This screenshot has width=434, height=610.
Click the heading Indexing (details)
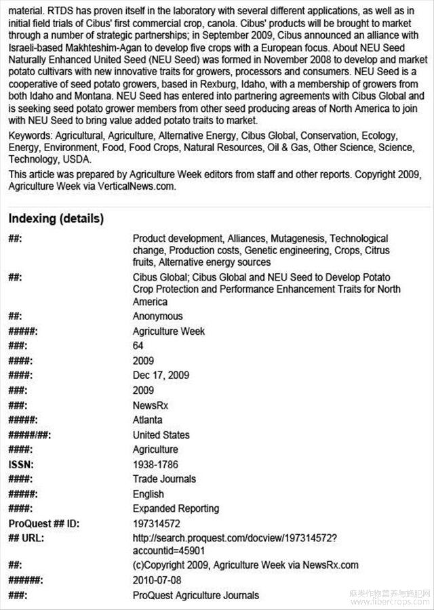pyautogui.click(x=56, y=219)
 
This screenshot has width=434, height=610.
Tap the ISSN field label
pyautogui.click(x=21, y=464)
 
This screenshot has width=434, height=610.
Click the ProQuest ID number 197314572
pyautogui.click(x=157, y=523)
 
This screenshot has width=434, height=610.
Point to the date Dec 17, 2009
pyautogui.click(x=161, y=375)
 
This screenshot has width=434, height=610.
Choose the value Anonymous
pyautogui.click(x=157, y=316)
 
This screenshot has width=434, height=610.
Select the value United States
pyautogui.click(x=161, y=435)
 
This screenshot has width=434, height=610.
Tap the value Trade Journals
pyautogui.click(x=163, y=479)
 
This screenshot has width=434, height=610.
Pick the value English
pyautogui.click(x=148, y=494)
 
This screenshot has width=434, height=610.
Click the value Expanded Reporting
pyautogui.click(x=176, y=508)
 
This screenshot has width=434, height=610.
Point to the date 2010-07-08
pyautogui.click(x=157, y=580)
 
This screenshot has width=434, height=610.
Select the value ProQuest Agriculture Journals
pyautogui.click(x=196, y=595)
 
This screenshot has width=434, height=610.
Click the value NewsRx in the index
pyautogui.click(x=150, y=405)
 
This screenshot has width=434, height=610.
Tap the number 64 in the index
pyautogui.click(x=138, y=346)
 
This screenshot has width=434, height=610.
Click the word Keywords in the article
pyautogui.click(x=31, y=136)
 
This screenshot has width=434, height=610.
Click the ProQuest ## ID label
pyautogui.click(x=41, y=523)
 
